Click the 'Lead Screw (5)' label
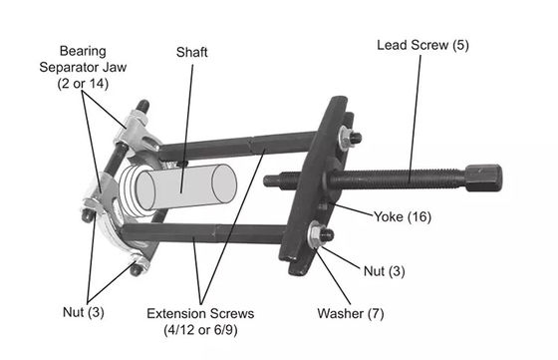pyautogui.click(x=422, y=45)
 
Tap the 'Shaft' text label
pyautogui.click(x=191, y=52)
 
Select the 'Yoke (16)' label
pyautogui.click(x=403, y=216)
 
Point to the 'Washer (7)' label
pyautogui.click(x=351, y=313)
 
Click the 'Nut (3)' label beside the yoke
pyautogui.click(x=384, y=271)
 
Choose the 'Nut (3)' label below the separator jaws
pyautogui.click(x=84, y=312)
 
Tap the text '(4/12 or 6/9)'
pyautogui.click(x=200, y=330)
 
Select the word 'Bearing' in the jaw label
pyautogui.click(x=83, y=51)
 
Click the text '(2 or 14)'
pyautogui.click(x=83, y=84)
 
